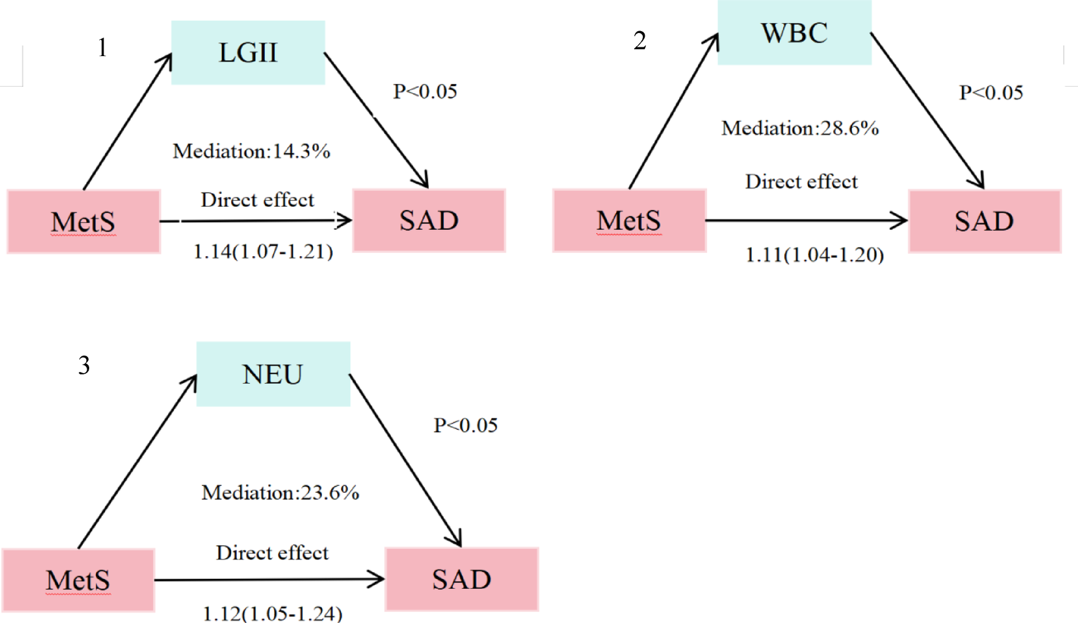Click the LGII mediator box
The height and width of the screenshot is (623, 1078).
tap(248, 53)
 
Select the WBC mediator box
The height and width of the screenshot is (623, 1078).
tap(794, 33)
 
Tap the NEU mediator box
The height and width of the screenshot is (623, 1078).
tap(273, 374)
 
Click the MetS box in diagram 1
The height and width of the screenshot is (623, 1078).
tap(84, 222)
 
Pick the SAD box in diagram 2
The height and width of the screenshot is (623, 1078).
tap(984, 221)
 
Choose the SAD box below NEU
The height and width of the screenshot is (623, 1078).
tap(461, 579)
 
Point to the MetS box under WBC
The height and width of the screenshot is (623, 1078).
tap(629, 221)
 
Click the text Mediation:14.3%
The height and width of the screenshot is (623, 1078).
tap(251, 151)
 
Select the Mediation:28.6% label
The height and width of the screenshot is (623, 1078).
tap(800, 128)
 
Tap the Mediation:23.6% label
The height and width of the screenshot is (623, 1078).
tap(280, 493)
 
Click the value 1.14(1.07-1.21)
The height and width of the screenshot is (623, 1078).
tap(263, 252)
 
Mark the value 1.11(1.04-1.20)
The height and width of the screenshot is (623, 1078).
tap(814, 255)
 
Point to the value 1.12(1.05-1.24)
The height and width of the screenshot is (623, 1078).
tap(272, 614)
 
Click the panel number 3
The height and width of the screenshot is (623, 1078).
tap(84, 366)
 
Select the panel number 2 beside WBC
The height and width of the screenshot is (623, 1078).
tap(640, 41)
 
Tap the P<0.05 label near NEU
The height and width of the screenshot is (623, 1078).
tap(465, 426)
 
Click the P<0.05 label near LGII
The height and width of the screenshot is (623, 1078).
tap(425, 92)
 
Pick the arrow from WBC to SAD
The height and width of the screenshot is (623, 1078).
tap(927, 110)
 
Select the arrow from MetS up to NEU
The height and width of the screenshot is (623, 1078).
tap(137, 462)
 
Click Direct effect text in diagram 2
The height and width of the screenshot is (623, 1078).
tap(801, 182)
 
